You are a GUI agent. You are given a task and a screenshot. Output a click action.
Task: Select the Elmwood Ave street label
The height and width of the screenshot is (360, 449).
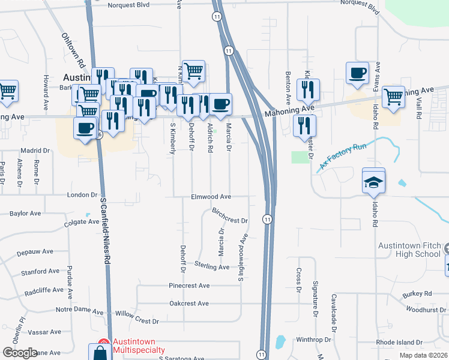click(211, 196)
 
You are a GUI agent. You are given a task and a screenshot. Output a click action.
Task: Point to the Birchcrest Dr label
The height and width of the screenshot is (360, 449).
click(230, 216)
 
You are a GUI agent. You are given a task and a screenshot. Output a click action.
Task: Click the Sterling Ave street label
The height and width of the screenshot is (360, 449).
click(211, 266)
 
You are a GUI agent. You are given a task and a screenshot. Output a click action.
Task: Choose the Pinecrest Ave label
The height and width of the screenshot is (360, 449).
click(189, 286)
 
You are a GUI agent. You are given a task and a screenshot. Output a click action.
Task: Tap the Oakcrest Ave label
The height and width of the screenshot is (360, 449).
click(189, 304)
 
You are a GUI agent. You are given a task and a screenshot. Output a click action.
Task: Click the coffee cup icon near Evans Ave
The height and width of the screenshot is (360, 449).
click(357, 73)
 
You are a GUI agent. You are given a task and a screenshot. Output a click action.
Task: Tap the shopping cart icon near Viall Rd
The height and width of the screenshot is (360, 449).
click(393, 96)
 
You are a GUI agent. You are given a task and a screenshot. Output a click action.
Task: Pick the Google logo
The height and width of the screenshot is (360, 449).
click(20, 353)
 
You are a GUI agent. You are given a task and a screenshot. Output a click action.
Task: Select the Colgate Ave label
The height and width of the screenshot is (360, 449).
click(82, 222)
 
